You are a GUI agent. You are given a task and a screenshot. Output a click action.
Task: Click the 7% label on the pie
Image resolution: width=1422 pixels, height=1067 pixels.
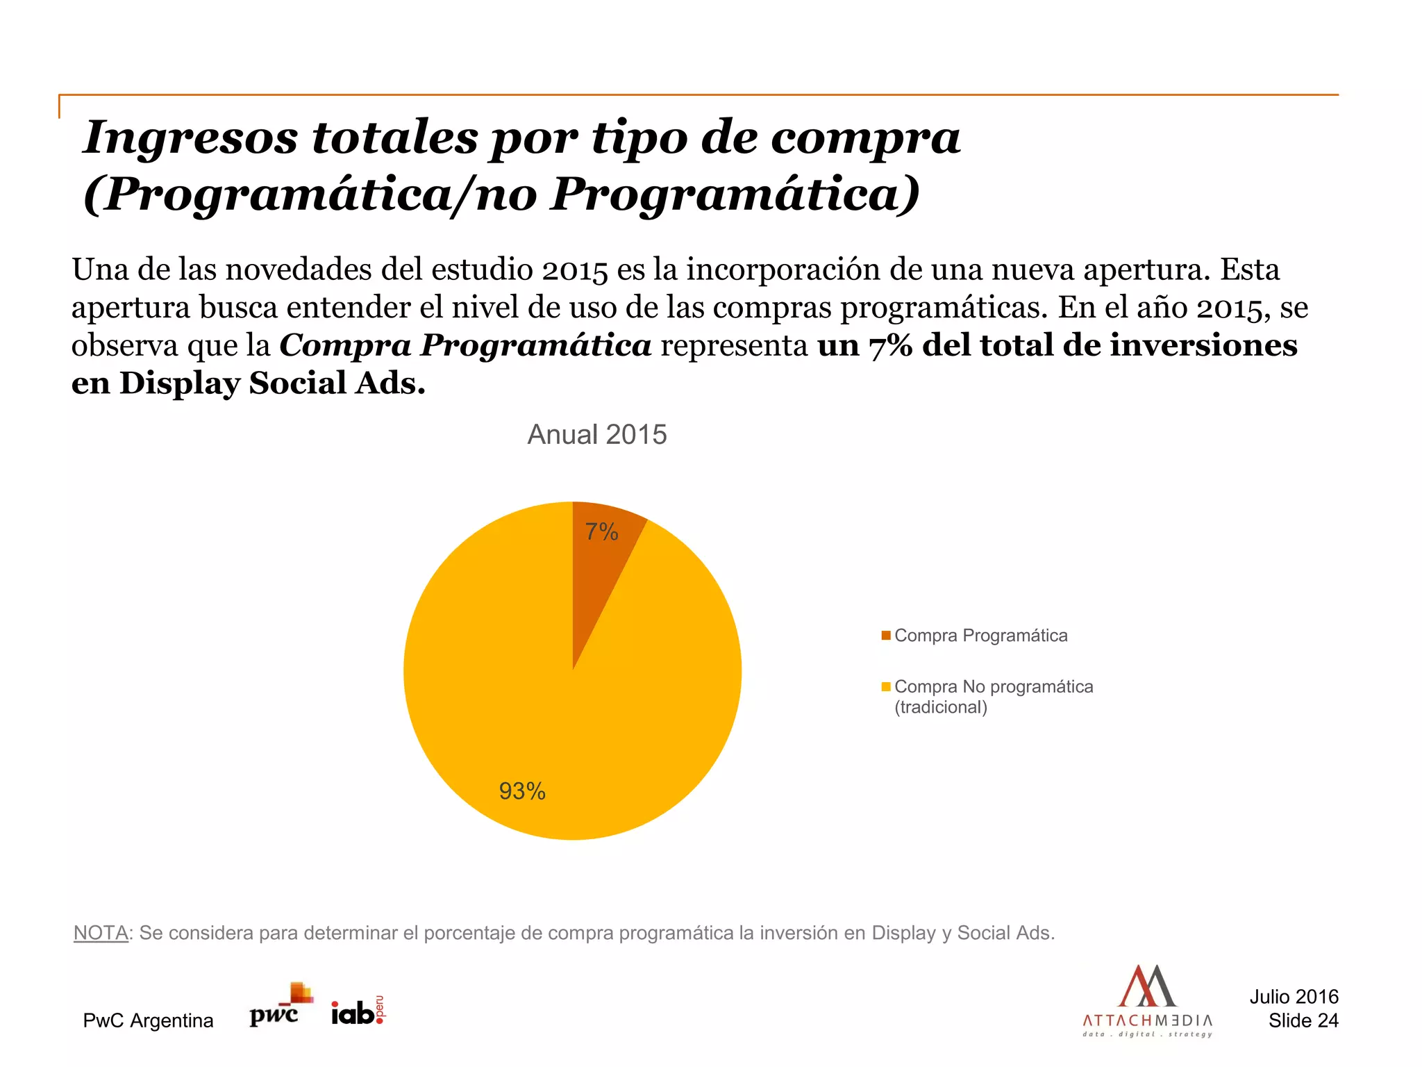point(601,532)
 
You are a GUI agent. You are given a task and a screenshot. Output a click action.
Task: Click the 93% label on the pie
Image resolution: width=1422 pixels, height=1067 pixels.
point(522,791)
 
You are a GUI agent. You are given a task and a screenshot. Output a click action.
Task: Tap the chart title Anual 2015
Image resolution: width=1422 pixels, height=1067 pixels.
point(597,435)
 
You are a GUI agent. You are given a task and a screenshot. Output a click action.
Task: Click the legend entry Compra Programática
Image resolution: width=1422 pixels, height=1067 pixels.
point(980,636)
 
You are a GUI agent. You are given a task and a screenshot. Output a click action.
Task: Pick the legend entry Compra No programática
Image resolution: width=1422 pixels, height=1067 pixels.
point(993,687)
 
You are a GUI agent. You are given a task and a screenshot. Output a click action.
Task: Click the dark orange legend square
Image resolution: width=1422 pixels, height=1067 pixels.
point(886,636)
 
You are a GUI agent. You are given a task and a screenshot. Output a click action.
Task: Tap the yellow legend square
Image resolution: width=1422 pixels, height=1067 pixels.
point(886,687)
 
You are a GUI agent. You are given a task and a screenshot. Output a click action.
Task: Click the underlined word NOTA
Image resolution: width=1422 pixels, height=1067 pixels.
point(101,933)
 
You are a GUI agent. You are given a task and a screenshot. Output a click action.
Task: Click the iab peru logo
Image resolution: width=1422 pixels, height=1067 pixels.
point(358,1011)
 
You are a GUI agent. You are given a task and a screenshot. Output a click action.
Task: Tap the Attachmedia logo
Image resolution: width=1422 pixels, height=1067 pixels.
point(1147,1001)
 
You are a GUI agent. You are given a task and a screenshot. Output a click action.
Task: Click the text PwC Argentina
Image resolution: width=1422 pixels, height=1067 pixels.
point(148,1020)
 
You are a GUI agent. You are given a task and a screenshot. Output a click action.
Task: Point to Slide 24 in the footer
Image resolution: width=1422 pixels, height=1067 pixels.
point(1303,1020)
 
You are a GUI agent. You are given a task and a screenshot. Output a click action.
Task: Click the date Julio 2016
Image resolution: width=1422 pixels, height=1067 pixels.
point(1294,997)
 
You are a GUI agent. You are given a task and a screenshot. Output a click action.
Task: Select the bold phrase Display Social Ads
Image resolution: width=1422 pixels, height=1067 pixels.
point(272,383)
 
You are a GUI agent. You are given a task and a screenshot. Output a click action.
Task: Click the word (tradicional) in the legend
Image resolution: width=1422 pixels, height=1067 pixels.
point(940,708)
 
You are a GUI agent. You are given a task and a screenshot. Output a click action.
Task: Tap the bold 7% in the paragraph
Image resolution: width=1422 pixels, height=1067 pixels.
point(890,346)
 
